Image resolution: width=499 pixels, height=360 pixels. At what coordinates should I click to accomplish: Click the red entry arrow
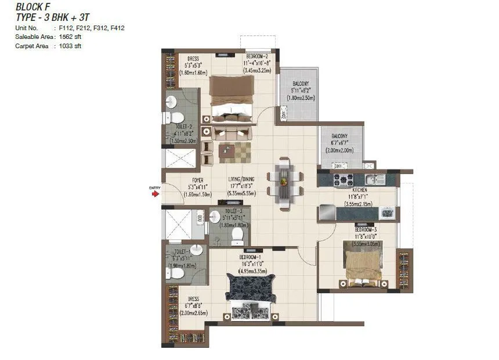coord(156,195)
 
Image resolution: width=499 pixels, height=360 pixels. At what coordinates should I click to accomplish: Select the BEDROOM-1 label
coord(252,257)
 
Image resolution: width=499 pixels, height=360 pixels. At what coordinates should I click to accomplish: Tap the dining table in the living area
coord(284,182)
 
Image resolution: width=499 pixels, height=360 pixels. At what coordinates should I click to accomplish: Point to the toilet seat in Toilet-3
coord(237,234)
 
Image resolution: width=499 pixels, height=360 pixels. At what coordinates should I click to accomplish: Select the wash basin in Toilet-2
coord(171,103)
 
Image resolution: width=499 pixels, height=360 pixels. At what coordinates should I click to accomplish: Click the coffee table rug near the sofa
coord(235,153)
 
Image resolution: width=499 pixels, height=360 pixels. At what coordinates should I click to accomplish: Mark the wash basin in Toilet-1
coord(196,250)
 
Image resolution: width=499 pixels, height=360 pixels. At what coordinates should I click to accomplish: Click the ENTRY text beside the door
coord(154,188)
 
